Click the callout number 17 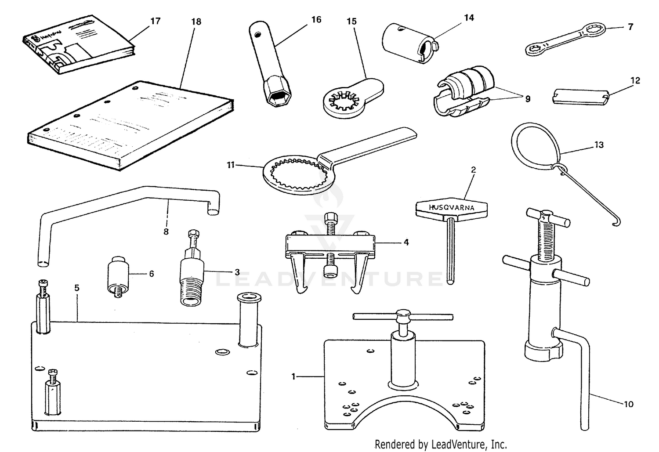[x=156, y=21]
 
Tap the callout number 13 [x=599, y=145]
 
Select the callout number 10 [x=629, y=404]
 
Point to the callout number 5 [x=77, y=288]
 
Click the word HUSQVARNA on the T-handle [x=451, y=208]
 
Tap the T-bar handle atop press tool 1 [x=403, y=316]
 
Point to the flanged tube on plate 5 [x=249, y=318]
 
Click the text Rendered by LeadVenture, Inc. [x=441, y=444]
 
